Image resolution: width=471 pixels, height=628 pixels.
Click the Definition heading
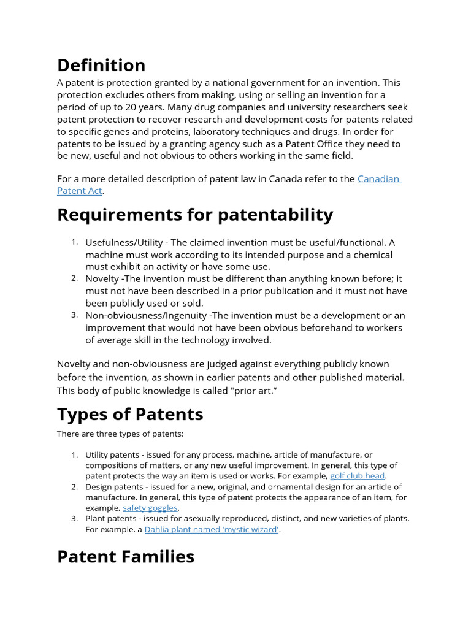(x=101, y=65)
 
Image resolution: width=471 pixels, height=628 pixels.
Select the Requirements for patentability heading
(x=195, y=215)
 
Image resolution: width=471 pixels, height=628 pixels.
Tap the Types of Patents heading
(x=130, y=415)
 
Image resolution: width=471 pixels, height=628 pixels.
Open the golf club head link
(x=357, y=476)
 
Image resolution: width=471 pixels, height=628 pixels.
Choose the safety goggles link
(x=150, y=508)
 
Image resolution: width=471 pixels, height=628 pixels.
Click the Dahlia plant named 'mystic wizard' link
(x=212, y=529)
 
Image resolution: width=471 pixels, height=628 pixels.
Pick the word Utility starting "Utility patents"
(x=96, y=455)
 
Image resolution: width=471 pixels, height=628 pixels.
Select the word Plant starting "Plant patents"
(x=96, y=519)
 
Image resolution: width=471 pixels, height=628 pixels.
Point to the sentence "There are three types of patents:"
(x=120, y=434)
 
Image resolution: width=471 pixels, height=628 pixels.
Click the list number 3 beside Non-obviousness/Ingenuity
(x=74, y=315)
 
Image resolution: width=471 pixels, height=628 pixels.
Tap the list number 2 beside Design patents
(x=74, y=487)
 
